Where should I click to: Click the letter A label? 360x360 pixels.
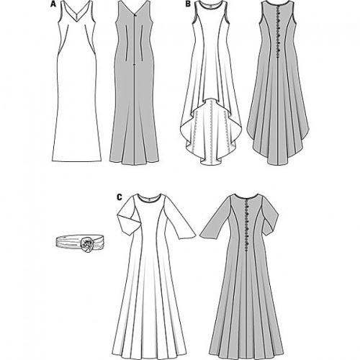coord(53,4)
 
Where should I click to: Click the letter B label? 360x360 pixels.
coord(188,4)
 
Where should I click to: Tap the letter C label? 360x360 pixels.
coord(120,197)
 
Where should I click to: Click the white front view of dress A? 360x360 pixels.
coord(76,81)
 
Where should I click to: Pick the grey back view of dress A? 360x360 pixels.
coord(134,83)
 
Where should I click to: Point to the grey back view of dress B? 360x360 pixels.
coord(278,83)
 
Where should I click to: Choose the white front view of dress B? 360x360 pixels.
coord(210,83)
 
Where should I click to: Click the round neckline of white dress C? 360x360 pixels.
coord(148,199)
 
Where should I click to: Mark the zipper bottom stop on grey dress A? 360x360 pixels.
coord(134,65)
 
